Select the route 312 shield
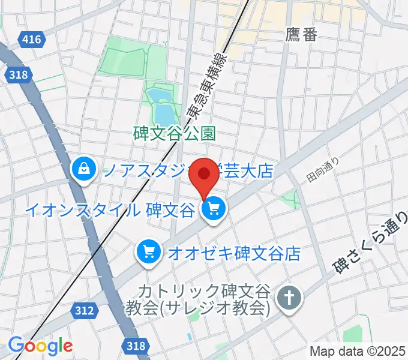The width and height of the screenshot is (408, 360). (85, 310)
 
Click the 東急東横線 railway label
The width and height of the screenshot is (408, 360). (206, 78)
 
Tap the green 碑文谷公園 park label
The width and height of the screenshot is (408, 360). (174, 133)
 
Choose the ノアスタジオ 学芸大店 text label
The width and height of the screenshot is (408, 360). (186, 172)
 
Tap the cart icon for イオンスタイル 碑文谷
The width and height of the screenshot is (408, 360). (214, 209)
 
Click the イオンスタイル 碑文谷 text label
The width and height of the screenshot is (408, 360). (110, 210)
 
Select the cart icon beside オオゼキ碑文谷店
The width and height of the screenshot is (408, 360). (147, 251)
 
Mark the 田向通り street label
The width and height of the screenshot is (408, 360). (323, 170)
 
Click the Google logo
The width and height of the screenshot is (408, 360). (40, 346)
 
